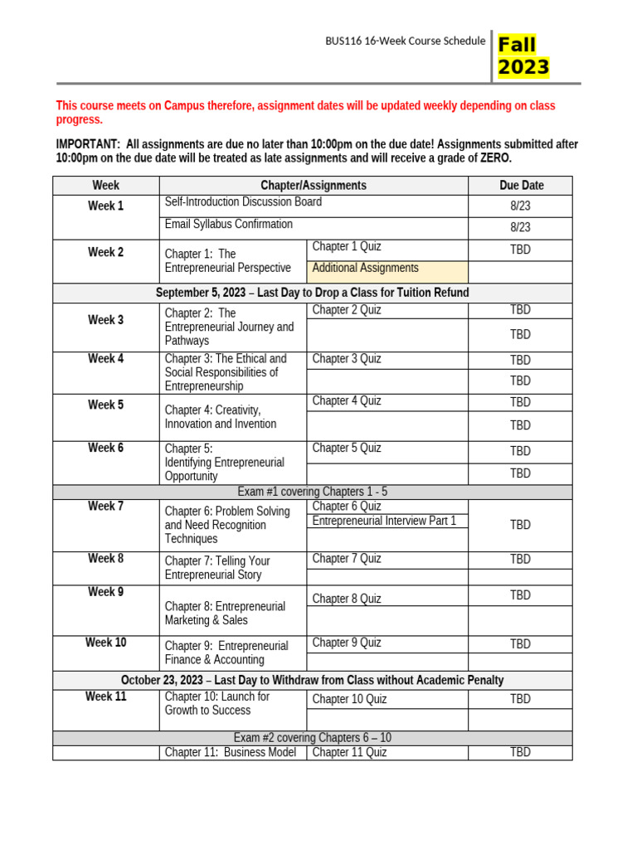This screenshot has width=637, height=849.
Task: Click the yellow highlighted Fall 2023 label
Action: [523, 56]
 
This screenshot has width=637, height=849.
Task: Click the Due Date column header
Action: [521, 186]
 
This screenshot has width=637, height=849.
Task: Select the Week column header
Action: [106, 186]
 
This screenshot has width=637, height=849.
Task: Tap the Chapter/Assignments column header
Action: [314, 186]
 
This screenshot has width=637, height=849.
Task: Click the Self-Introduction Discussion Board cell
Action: [243, 202]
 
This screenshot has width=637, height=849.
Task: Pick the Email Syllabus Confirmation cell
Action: [229, 225]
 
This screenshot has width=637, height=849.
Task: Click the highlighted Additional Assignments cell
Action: [366, 269]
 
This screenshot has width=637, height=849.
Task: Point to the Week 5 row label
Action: [106, 405]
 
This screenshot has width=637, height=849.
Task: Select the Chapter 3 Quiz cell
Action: [347, 359]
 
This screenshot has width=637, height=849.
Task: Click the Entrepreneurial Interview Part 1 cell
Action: [384, 521]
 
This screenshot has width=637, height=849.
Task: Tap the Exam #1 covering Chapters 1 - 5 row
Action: [312, 492]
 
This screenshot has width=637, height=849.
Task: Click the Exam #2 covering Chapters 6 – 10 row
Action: [312, 738]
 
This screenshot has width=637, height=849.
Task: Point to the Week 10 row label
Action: [106, 643]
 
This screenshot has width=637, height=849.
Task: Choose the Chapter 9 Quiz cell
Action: [347, 643]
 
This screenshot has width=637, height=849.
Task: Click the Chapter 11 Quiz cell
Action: [349, 753]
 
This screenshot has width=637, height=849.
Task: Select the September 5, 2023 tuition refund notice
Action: [312, 293]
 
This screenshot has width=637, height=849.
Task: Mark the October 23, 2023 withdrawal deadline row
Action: [312, 680]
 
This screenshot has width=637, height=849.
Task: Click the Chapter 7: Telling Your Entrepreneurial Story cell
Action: [217, 568]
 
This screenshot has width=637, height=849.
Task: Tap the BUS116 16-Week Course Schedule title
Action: [405, 41]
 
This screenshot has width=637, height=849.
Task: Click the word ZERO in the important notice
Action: [495, 158]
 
